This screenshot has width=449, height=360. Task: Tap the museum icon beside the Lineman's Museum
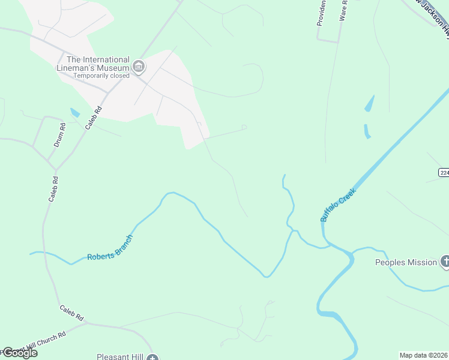(x=139, y=66)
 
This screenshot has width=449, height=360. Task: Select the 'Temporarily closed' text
(x=98, y=76)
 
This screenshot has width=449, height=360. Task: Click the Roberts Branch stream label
(x=110, y=248)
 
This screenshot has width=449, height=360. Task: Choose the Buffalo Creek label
(x=338, y=205)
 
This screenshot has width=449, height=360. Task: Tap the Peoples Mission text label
(x=406, y=262)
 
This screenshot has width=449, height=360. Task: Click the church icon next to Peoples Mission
(x=445, y=261)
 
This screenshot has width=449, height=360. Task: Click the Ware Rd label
(x=343, y=11)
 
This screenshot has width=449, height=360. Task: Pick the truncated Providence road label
(x=321, y=13)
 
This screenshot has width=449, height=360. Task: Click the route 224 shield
(x=444, y=172)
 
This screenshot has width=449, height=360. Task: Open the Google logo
(x=20, y=353)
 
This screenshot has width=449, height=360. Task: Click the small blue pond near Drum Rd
(x=75, y=113)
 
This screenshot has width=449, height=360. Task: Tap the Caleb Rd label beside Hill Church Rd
(x=71, y=312)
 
